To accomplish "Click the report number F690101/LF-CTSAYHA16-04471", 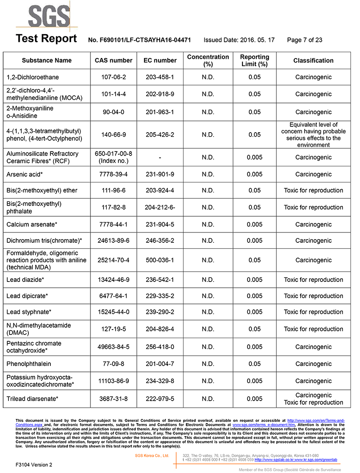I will [139, 40].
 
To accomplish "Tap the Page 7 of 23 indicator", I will [304, 40].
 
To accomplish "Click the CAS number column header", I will [113, 60].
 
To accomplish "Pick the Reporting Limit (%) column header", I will [254, 60].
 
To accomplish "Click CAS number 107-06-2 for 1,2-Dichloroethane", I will [113, 77].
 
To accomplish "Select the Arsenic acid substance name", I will [27, 174].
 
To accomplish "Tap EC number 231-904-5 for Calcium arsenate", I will [160, 224].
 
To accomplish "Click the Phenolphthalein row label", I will [29, 364].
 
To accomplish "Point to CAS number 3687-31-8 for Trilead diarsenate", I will [113, 399].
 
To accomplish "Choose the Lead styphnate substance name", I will [29, 312].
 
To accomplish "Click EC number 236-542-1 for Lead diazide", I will [160, 280].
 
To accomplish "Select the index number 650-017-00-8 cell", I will [113, 154].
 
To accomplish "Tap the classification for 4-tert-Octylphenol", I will [313, 134].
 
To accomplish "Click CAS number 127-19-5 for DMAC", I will [113, 329].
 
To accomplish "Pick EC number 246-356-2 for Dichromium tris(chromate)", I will [160, 241].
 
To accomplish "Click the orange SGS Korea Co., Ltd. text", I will [152, 455].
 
